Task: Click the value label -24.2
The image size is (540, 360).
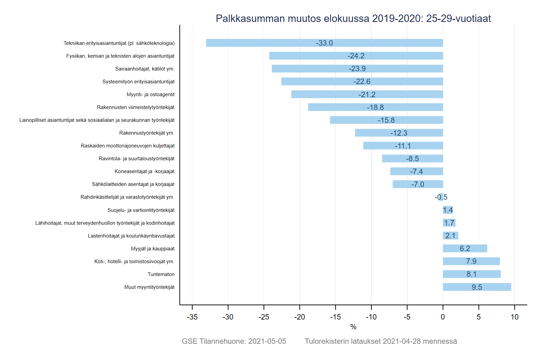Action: (x=356, y=56)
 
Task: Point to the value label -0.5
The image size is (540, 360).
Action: (x=441, y=197)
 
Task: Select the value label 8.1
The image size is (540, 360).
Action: (x=471, y=274)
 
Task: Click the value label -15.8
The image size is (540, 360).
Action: (x=386, y=120)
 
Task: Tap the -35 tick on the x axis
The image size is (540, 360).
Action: (x=192, y=317)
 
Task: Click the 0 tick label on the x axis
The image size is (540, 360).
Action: (x=443, y=317)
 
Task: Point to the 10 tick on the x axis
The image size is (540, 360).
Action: (x=514, y=317)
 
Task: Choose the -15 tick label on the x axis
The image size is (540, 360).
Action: (x=335, y=317)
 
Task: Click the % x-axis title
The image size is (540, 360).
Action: (x=353, y=327)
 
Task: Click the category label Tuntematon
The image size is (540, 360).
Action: (x=161, y=274)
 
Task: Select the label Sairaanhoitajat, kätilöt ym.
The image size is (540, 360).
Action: (x=145, y=69)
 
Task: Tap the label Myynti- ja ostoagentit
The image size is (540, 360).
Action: (x=151, y=94)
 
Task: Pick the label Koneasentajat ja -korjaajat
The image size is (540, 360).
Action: (x=144, y=171)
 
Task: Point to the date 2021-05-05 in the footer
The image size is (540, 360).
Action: (x=267, y=341)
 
